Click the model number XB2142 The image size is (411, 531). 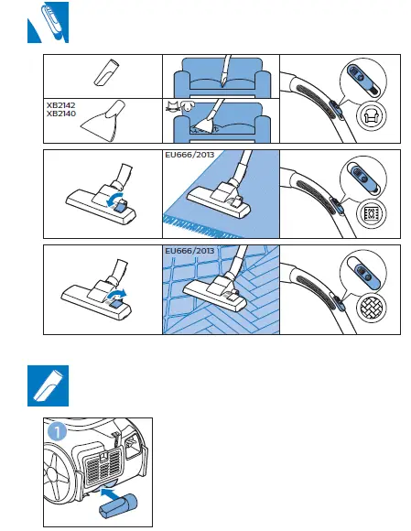point(60,105)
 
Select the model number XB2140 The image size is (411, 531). point(60,114)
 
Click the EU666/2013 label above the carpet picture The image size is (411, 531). point(188,155)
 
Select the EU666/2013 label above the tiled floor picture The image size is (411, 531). point(188,250)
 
